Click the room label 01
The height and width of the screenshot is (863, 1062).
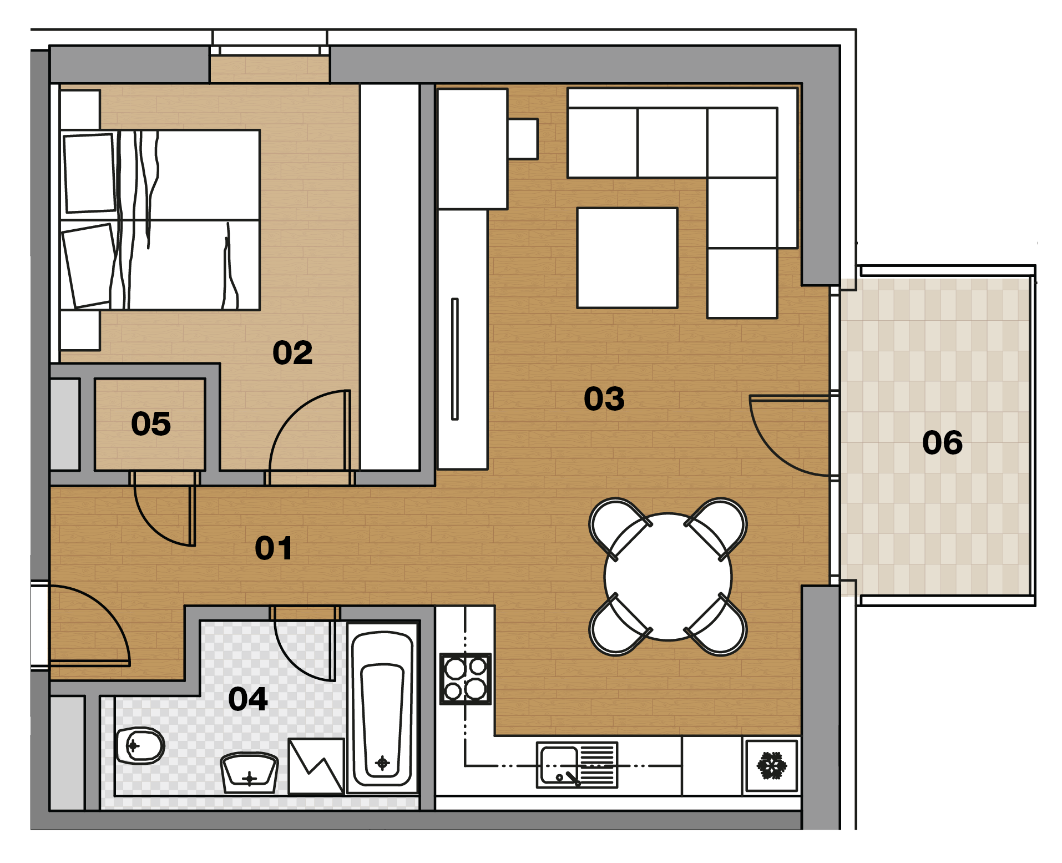[x=274, y=548]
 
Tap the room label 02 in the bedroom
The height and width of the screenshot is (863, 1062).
[x=292, y=353]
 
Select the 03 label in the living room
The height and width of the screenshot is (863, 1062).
[x=604, y=399]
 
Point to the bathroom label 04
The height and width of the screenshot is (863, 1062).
[x=248, y=699]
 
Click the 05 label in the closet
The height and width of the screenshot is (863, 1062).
[x=151, y=424]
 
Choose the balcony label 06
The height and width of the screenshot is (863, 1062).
[x=942, y=443]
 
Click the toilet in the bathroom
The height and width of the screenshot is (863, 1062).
[x=140, y=745]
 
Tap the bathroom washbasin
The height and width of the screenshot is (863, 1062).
[x=249, y=773]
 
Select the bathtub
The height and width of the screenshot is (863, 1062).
[x=382, y=709]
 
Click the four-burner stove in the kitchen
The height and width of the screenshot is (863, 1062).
[x=466, y=679]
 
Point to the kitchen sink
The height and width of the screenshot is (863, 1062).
[x=577, y=765]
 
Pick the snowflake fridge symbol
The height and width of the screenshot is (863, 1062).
[x=772, y=765]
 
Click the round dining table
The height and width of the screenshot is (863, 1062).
[x=668, y=577]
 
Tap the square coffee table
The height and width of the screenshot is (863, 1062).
[x=627, y=258]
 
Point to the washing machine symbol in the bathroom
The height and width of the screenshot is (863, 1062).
[x=316, y=766]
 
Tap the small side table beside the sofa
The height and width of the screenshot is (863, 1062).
[x=523, y=139]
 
